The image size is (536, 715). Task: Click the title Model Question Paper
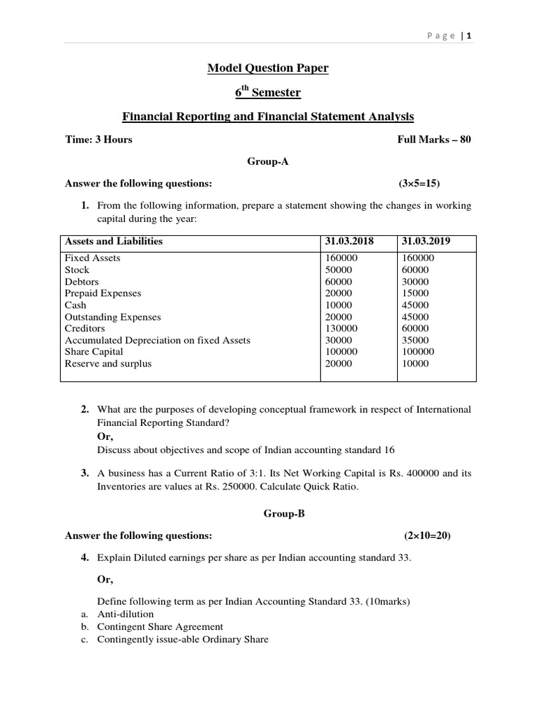pyautogui.click(x=267, y=68)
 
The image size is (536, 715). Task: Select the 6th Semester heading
pyautogui.click(x=267, y=92)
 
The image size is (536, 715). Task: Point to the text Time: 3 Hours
pyautogui.click(x=98, y=139)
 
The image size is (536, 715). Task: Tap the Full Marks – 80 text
pyautogui.click(x=434, y=139)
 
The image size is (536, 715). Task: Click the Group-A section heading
pyautogui.click(x=267, y=161)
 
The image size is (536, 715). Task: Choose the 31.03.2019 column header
pyautogui.click(x=426, y=241)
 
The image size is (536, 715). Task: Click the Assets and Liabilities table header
pyautogui.click(x=114, y=241)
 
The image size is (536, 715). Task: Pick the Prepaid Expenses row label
pyautogui.click(x=103, y=293)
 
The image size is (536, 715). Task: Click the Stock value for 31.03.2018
pyautogui.click(x=338, y=270)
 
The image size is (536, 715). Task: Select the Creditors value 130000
pyautogui.click(x=341, y=328)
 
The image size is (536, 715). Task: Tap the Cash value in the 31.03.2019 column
pyautogui.click(x=415, y=305)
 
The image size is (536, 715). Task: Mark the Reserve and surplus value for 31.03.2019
pyautogui.click(x=415, y=364)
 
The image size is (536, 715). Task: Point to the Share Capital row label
pyautogui.click(x=94, y=352)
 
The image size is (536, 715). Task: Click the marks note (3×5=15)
pyautogui.click(x=419, y=184)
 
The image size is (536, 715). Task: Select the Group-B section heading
pyautogui.click(x=267, y=513)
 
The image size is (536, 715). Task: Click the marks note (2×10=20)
pyautogui.click(x=427, y=536)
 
